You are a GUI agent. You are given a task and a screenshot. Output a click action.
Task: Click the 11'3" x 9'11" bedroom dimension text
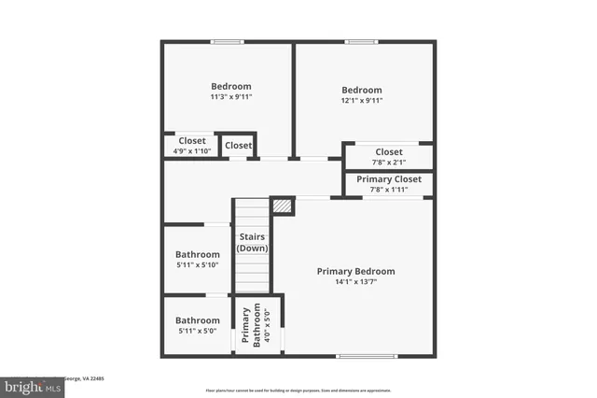(230, 96)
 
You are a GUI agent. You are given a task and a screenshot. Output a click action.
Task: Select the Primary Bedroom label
(355, 271)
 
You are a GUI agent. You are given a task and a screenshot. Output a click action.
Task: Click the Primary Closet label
(389, 178)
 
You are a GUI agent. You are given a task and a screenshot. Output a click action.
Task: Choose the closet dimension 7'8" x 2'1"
(389, 163)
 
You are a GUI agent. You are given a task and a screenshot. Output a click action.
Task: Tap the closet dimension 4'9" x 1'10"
(192, 150)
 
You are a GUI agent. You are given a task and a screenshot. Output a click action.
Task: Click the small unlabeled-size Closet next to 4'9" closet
(238, 146)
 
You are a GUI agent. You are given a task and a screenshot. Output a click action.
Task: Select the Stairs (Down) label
(253, 243)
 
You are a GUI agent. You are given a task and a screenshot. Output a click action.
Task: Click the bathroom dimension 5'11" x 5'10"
(198, 265)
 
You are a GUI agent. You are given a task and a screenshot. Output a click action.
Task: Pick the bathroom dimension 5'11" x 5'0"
(198, 331)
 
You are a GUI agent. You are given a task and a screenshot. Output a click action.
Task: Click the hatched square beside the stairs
(283, 206)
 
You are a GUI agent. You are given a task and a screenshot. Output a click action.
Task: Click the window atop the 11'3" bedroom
(227, 41)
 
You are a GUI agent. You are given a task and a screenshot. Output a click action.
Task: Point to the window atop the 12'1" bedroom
(360, 41)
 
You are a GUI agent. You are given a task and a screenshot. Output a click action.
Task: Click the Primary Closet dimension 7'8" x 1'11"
(389, 190)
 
